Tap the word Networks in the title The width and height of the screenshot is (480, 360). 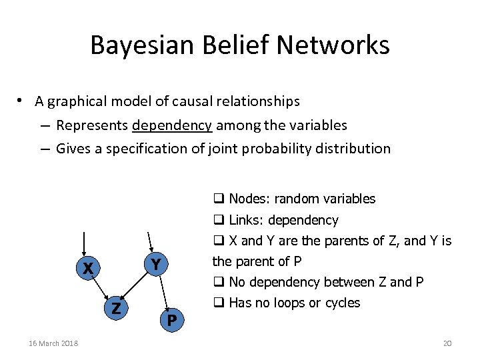click(333, 45)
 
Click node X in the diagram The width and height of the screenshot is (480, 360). click(87, 269)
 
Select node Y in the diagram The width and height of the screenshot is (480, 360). click(155, 265)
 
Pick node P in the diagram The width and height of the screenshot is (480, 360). click(171, 321)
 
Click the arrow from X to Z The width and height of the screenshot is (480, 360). click(101, 289)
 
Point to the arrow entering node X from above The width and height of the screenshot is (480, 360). click(84, 245)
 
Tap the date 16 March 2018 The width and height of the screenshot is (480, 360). click(53, 343)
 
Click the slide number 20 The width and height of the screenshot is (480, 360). click(447, 343)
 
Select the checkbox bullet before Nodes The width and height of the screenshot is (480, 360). click(218, 199)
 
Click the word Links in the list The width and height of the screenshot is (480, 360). click(243, 220)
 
